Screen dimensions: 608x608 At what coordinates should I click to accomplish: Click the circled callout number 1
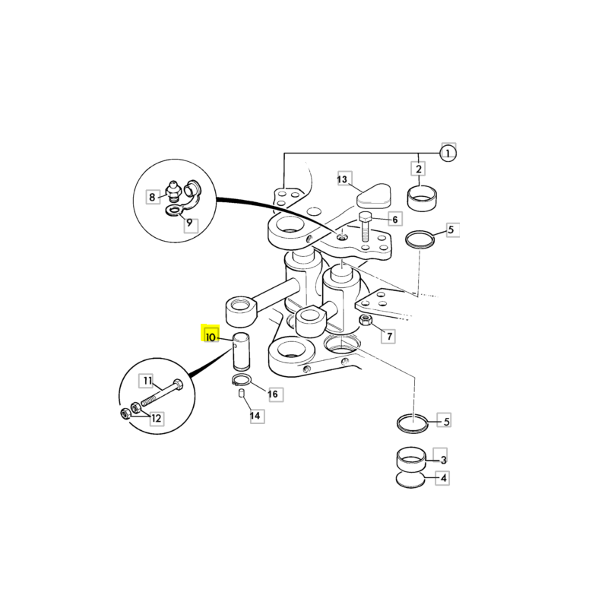coord(448,154)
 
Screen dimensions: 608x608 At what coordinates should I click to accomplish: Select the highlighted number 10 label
coord(211,337)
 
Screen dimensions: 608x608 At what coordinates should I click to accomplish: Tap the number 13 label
coord(342,179)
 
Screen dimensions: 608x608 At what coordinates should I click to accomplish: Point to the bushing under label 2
coord(422,198)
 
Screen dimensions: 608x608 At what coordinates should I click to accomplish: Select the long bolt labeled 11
coord(162,392)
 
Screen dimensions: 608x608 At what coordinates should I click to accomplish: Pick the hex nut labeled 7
coord(366,321)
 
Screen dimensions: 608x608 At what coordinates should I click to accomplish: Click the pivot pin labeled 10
coord(241,351)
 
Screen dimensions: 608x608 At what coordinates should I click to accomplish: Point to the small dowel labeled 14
coord(241,393)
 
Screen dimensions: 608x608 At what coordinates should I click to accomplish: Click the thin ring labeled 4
coord(410,480)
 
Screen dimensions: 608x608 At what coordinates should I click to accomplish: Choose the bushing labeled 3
coord(411,459)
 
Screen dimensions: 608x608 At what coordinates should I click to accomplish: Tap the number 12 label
coord(156,419)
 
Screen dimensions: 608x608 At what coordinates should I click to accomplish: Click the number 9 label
coord(189,223)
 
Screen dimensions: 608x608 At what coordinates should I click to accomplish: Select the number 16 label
coord(273,394)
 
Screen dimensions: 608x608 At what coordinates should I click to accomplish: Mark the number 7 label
coord(389,336)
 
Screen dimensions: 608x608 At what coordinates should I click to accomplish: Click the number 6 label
coord(394,220)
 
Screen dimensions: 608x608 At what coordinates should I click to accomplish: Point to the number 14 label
coord(255,416)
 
